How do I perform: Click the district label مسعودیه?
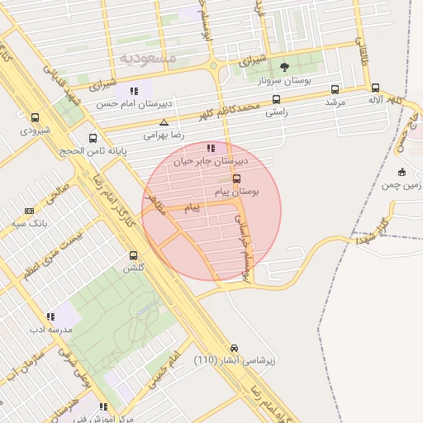pyautogui.click(x=148, y=58)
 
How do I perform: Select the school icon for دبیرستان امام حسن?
pyautogui.click(x=133, y=91)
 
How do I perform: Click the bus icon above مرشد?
pyautogui.click(x=335, y=89)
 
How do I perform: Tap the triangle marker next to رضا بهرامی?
pyautogui.click(x=164, y=122)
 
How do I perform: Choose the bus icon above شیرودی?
pyautogui.click(x=35, y=118)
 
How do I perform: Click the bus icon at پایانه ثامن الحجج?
pyautogui.click(x=93, y=139)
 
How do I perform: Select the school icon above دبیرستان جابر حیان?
pyautogui.click(x=211, y=149)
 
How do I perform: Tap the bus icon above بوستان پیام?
pyautogui.click(x=237, y=178)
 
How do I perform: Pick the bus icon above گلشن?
pyautogui.click(x=134, y=255)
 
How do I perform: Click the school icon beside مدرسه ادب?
pyautogui.click(x=50, y=316)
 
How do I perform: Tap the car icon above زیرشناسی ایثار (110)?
pyautogui.click(x=235, y=348)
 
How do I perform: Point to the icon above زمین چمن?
pyautogui.click(x=402, y=173)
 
